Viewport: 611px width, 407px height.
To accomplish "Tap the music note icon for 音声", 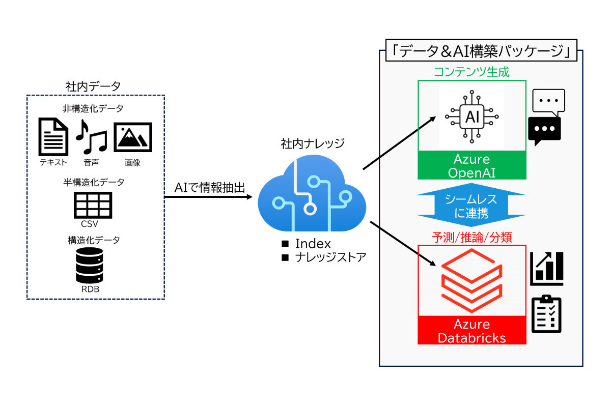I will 91,136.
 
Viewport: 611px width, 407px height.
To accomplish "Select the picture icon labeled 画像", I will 132,137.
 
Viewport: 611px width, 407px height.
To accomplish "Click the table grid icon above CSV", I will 93,205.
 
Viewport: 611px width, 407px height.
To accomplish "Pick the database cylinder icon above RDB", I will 93,266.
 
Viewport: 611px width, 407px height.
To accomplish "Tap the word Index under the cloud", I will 313,244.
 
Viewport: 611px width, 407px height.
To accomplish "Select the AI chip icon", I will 471,117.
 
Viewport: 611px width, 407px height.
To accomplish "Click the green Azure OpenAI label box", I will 471,165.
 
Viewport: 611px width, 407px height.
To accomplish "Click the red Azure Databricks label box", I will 471,331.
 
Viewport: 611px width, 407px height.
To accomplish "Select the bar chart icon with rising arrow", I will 546,268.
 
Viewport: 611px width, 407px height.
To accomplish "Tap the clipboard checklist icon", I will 546,314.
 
